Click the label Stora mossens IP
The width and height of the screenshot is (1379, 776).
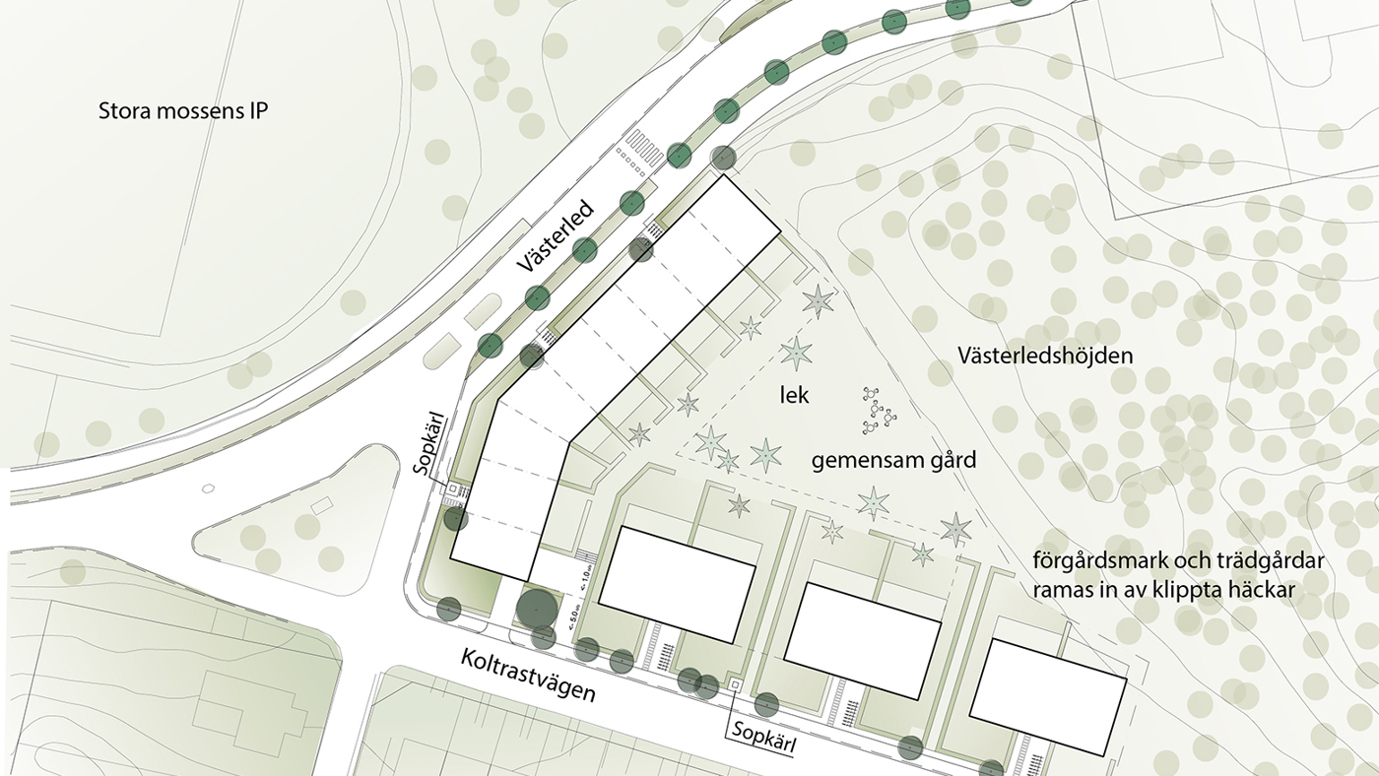pos(183,110)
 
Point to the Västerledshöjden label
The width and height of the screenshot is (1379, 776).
pos(1044,356)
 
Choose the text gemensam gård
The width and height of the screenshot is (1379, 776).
pos(893,460)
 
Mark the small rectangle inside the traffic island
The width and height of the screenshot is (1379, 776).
pos(321,505)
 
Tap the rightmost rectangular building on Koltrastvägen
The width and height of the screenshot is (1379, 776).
pos(1047,696)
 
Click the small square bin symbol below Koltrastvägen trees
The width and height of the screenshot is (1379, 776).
pos(735,683)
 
